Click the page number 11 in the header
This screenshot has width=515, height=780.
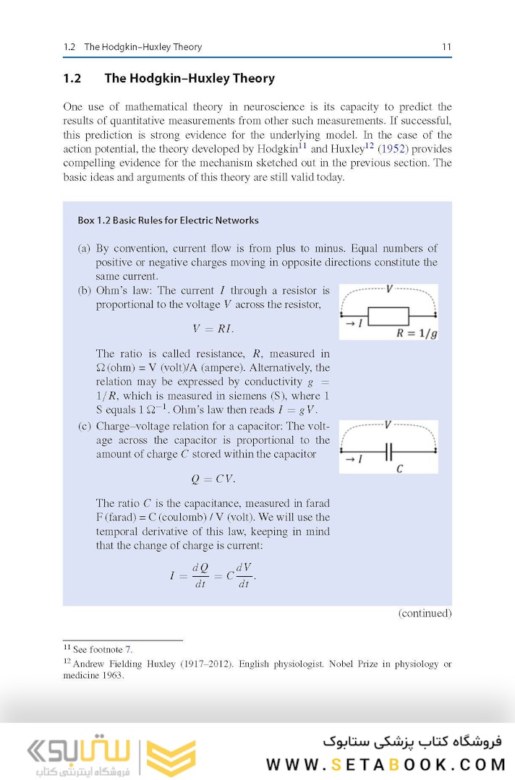pyautogui.click(x=446, y=47)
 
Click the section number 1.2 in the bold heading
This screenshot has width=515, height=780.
pyautogui.click(x=72, y=78)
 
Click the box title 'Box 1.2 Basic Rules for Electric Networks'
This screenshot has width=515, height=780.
pyautogui.click(x=168, y=220)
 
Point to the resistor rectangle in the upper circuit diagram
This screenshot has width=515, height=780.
pyautogui.click(x=388, y=317)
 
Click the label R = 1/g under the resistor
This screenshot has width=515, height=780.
pyautogui.click(x=417, y=333)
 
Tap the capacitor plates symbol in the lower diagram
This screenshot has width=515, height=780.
pyautogui.click(x=389, y=453)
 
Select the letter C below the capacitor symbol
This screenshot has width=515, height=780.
pyautogui.click(x=399, y=469)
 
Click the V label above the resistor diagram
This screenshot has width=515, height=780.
pyautogui.click(x=389, y=289)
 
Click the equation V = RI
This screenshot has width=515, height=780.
pyautogui.click(x=213, y=329)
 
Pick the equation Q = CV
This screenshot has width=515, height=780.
pyautogui.click(x=213, y=479)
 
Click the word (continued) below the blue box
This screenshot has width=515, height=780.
pyautogui.click(x=425, y=613)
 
